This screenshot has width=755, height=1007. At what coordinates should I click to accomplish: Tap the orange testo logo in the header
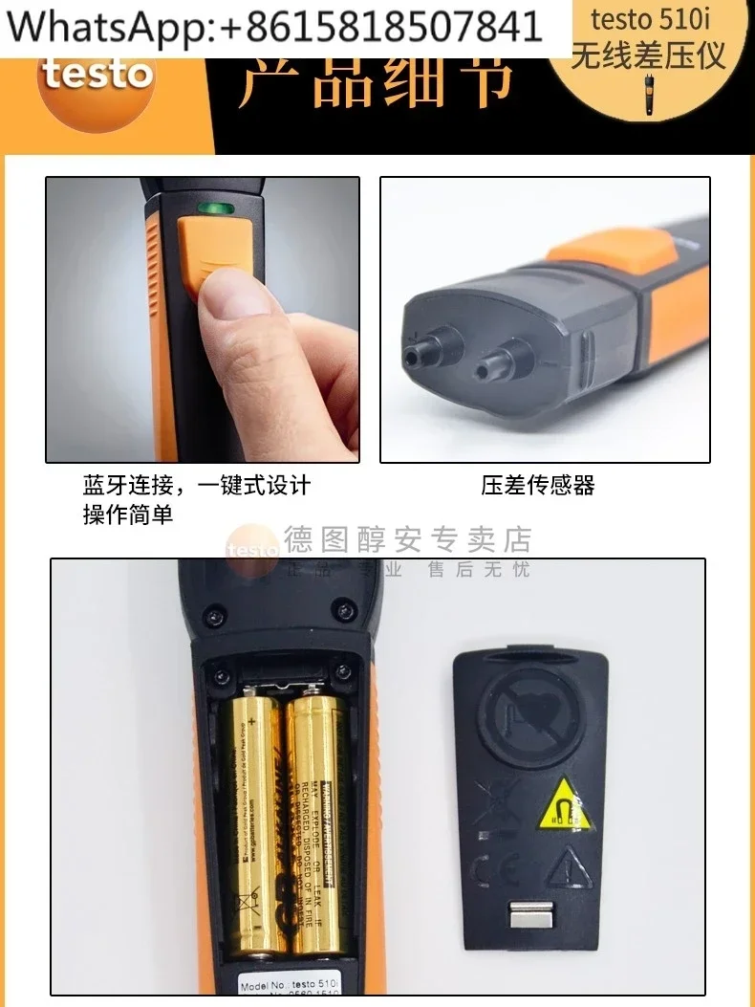click(96, 74)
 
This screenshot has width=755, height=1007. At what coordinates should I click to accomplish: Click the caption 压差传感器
click(538, 486)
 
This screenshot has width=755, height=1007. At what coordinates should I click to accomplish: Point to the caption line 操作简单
click(128, 514)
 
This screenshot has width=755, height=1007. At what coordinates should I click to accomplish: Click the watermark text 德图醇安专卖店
click(406, 540)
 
